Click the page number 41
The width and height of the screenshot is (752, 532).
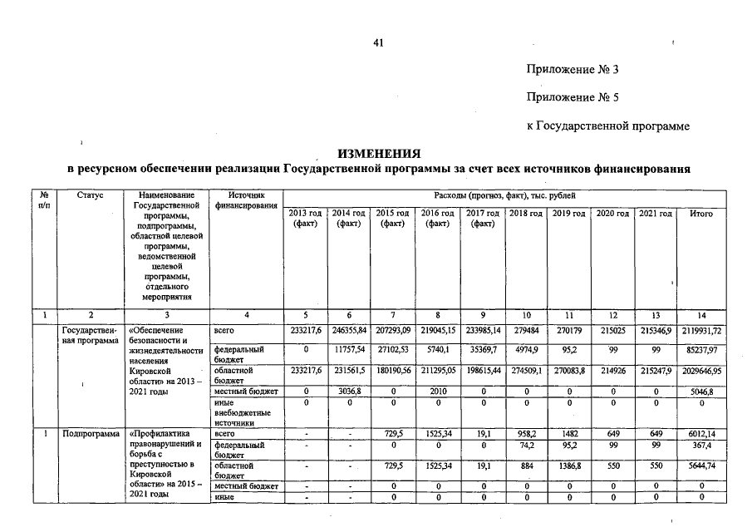[x=379, y=42]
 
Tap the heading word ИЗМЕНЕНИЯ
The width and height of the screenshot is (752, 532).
[x=378, y=154]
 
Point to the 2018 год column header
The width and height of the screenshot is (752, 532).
[x=525, y=214]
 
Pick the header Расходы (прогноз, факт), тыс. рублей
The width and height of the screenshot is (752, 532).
[x=504, y=195]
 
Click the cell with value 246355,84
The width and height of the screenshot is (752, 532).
[x=349, y=331]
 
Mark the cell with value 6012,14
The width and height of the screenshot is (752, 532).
[x=701, y=433]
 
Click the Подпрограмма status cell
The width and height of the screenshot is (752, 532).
[x=88, y=433]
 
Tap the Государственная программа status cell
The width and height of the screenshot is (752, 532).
[x=88, y=336]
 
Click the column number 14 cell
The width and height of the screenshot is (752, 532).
[x=701, y=315]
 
